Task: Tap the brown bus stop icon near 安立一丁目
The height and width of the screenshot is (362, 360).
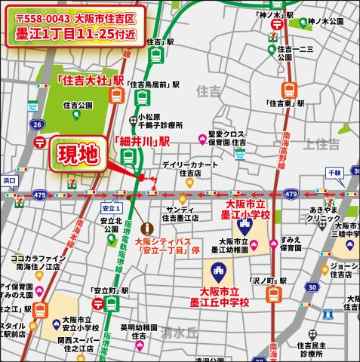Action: [144, 225]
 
